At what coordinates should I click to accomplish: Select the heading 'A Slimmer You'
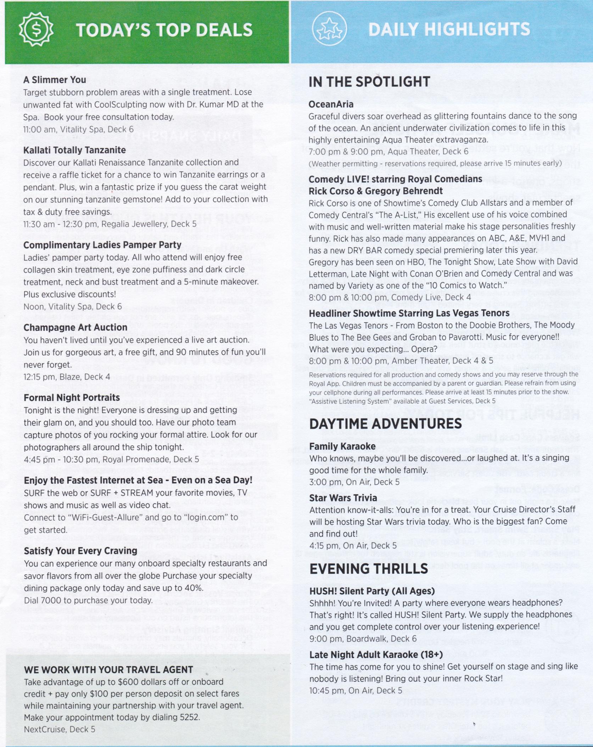point(55,80)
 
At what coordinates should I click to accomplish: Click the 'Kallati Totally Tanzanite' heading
point(74,150)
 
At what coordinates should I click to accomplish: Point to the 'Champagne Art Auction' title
point(75,327)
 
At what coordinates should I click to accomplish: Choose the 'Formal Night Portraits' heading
point(72,397)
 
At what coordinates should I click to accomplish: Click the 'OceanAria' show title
point(331,104)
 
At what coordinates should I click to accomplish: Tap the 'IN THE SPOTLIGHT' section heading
point(369,82)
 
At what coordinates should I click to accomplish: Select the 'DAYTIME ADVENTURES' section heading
point(385,424)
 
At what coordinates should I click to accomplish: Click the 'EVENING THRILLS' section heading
point(369,569)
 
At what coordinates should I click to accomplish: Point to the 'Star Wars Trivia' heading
point(343,498)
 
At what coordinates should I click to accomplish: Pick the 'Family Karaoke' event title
point(342,446)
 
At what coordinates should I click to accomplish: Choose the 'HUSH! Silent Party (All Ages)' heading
point(372,591)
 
